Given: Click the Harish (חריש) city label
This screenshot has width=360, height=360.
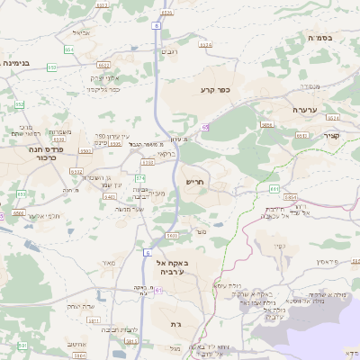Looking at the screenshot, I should [x=194, y=182].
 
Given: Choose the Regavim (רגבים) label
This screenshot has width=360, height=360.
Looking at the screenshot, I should [x=169, y=52].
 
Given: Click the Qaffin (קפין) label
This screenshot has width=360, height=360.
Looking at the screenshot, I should [x=280, y=246].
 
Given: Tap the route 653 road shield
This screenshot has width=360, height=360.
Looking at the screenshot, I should [x=52, y=67].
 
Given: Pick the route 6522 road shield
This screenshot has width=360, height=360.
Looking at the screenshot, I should [x=104, y=65].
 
